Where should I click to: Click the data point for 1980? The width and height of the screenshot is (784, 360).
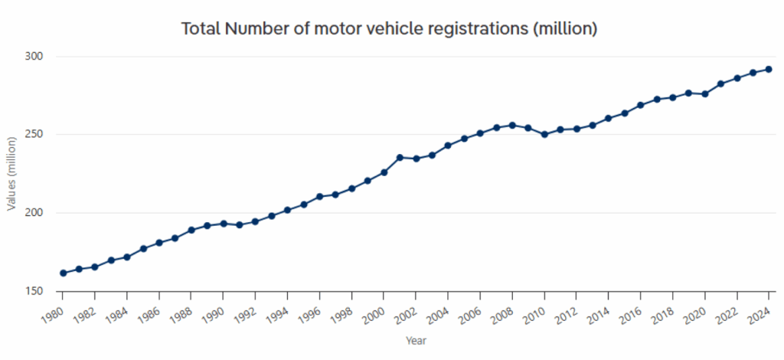coord(63,273)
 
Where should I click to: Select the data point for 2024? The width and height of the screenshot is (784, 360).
coord(769,70)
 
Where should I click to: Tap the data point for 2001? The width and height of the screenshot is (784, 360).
coord(400,157)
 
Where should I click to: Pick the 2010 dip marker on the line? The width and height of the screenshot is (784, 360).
coord(544,134)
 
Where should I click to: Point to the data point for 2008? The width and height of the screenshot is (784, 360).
coord(512,125)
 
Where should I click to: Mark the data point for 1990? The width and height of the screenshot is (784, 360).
coord(224,224)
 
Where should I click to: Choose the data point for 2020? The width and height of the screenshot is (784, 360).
coord(704,93)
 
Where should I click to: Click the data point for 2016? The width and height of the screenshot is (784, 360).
coord(641,105)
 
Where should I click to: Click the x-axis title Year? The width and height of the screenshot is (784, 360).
coord(416,340)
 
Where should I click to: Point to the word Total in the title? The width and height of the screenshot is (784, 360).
coord(201,29)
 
